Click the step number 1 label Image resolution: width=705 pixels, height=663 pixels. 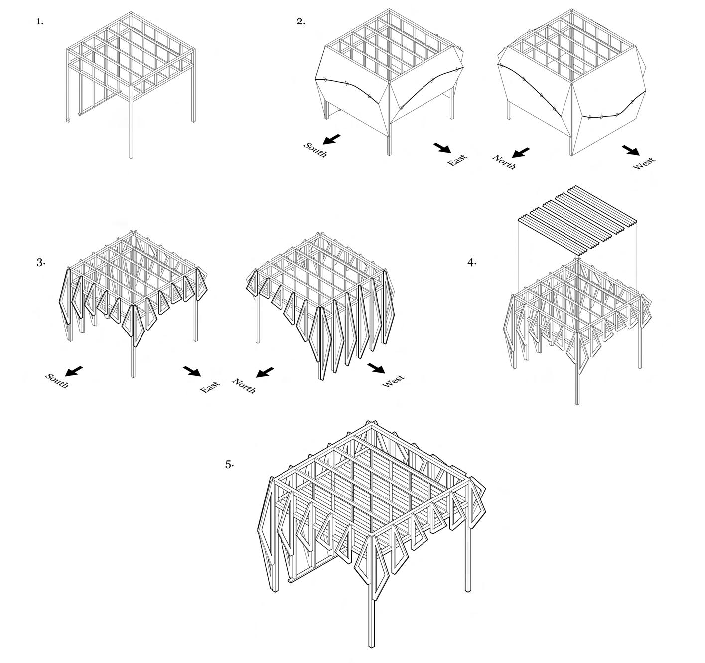tap(40, 22)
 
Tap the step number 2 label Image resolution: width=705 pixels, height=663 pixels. tap(301, 22)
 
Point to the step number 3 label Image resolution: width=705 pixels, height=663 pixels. tap(41, 262)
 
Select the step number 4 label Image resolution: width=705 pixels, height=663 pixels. tap(472, 262)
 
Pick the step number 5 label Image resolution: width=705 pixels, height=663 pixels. tap(229, 464)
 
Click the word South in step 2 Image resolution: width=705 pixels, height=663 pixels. tap(316, 150)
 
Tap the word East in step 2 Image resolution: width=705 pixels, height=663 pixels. tap(457, 160)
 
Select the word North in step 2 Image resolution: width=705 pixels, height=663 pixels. tap(504, 162)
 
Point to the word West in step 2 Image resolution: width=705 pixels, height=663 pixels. tap(644, 163)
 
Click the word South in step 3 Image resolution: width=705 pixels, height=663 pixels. tap(57, 380)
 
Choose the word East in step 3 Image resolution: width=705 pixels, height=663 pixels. tap(210, 387)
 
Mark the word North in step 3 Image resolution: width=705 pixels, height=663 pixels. tap(244, 386)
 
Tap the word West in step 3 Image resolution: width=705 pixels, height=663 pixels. tap(394, 381)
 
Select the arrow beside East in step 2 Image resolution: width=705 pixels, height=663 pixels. tap(442, 148)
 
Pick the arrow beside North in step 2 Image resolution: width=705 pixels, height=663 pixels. tap(521, 152)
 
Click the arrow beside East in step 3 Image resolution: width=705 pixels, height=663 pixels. tap(193, 371)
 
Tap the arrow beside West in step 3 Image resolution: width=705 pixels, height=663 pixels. tap(376, 368)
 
